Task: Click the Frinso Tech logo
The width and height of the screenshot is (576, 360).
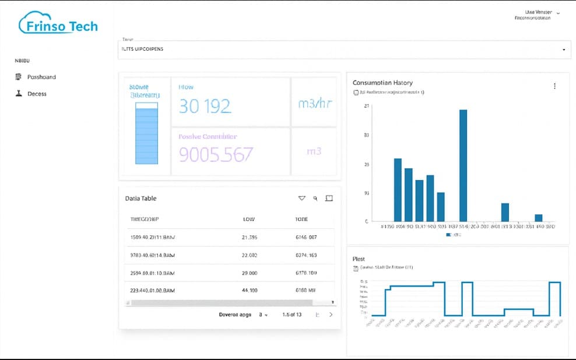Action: pyautogui.click(x=58, y=24)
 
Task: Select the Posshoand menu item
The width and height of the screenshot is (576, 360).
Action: pyautogui.click(x=41, y=77)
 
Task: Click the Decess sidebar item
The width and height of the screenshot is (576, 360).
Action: pyautogui.click(x=36, y=94)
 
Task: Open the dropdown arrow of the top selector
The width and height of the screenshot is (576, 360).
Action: pyautogui.click(x=563, y=50)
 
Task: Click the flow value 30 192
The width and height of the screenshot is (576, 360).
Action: pyautogui.click(x=205, y=106)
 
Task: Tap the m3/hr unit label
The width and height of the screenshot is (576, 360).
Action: pyautogui.click(x=314, y=104)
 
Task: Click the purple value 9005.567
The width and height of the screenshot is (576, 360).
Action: pyautogui.click(x=216, y=154)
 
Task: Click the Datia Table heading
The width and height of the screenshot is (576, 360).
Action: pyautogui.click(x=141, y=199)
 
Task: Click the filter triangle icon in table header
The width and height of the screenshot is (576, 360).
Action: pyautogui.click(x=301, y=199)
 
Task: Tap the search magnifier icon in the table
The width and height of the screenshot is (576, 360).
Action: pyautogui.click(x=315, y=199)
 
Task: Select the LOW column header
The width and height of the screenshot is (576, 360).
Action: pyautogui.click(x=248, y=220)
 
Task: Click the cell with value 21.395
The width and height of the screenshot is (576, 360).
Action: pyautogui.click(x=250, y=238)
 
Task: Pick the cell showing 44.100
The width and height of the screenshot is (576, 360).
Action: pyautogui.click(x=250, y=290)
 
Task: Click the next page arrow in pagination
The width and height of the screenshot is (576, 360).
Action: pyautogui.click(x=331, y=315)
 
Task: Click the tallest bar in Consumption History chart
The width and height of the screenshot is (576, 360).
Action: pyautogui.click(x=463, y=165)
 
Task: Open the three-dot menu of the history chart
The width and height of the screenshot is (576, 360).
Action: pyautogui.click(x=554, y=86)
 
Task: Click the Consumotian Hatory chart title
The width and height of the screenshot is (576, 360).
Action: pyautogui.click(x=382, y=83)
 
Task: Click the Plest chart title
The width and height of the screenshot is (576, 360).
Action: pyautogui.click(x=359, y=259)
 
